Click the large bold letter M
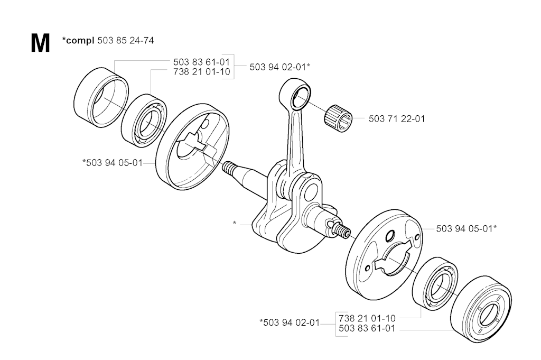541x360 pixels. pyautogui.click(x=41, y=43)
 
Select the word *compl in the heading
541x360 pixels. pyautogui.click(x=78, y=40)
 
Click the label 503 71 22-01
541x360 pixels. pyautogui.click(x=396, y=119)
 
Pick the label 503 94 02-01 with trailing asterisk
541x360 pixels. pyautogui.click(x=279, y=67)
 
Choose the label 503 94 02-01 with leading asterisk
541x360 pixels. pyautogui.click(x=290, y=322)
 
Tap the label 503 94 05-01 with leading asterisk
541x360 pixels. pyautogui.click(x=113, y=163)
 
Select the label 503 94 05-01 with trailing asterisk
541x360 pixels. pyautogui.click(x=466, y=228)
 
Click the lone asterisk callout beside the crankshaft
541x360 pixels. pyautogui.click(x=235, y=224)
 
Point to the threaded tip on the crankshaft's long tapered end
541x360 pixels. pyautogui.click(x=229, y=168)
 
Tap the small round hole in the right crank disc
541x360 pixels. pyautogui.click(x=389, y=235)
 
